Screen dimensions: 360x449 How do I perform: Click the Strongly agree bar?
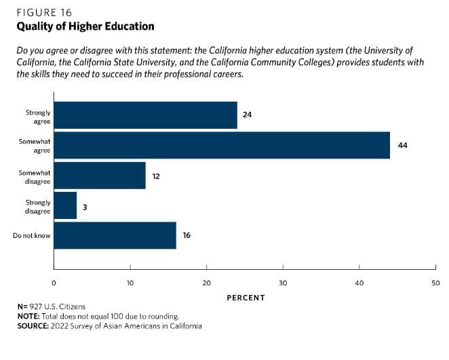coord(145,115)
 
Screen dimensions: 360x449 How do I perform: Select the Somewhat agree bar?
coord(222,145)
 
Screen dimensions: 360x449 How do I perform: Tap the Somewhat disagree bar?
coord(99,175)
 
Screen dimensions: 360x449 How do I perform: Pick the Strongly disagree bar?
coord(65,205)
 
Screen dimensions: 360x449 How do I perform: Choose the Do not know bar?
coord(115,235)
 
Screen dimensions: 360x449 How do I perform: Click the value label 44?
coord(402,145)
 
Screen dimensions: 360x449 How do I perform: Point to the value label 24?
coord(248,115)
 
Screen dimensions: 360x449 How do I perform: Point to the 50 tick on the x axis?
coord(435,283)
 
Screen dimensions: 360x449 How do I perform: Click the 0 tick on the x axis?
coord(54,283)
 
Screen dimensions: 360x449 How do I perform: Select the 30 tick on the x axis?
coord(283,283)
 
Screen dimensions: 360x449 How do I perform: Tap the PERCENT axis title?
coord(246,298)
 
